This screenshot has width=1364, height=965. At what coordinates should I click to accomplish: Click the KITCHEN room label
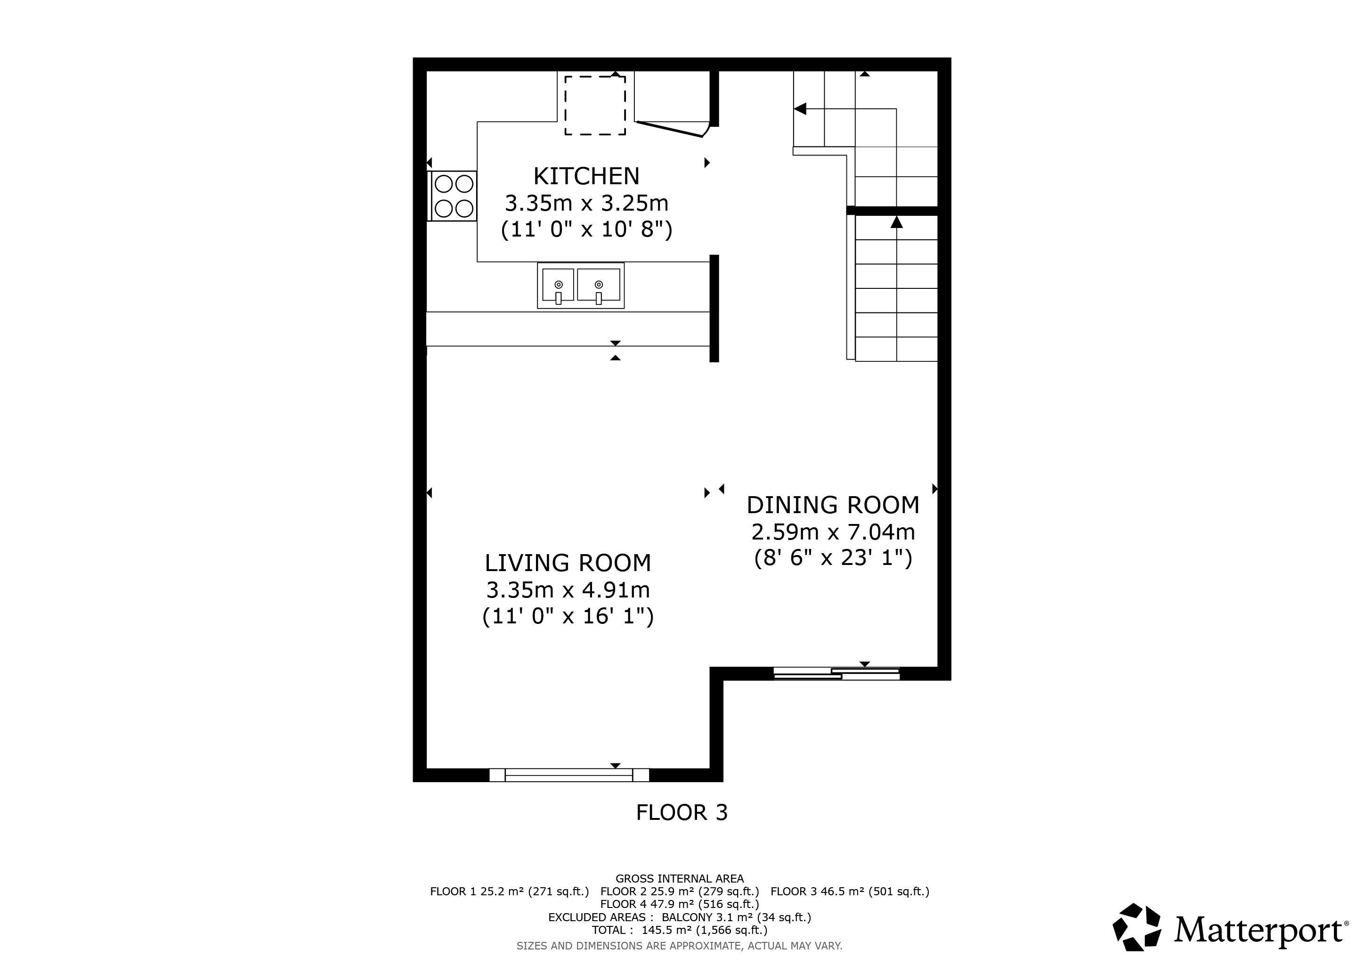coord(586,177)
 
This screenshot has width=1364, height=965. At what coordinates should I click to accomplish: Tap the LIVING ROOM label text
coord(568,563)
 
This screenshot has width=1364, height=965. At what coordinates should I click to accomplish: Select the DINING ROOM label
coord(833,505)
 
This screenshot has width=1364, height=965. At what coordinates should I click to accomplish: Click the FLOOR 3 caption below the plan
coord(682,812)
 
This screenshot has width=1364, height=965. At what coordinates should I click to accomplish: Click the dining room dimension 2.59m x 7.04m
coord(833,532)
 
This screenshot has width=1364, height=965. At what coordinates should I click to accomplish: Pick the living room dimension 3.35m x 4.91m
coord(568,590)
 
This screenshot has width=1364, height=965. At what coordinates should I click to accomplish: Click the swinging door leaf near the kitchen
coord(670,129)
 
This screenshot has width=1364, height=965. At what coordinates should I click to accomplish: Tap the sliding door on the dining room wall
coord(836,673)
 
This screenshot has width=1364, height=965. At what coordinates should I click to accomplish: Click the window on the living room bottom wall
coord(568,775)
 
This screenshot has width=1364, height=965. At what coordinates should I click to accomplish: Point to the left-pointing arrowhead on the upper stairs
coord(800,109)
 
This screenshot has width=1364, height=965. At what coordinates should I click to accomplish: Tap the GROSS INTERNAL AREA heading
coord(680,879)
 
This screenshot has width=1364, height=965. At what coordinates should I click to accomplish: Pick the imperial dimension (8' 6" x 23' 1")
coord(833,558)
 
